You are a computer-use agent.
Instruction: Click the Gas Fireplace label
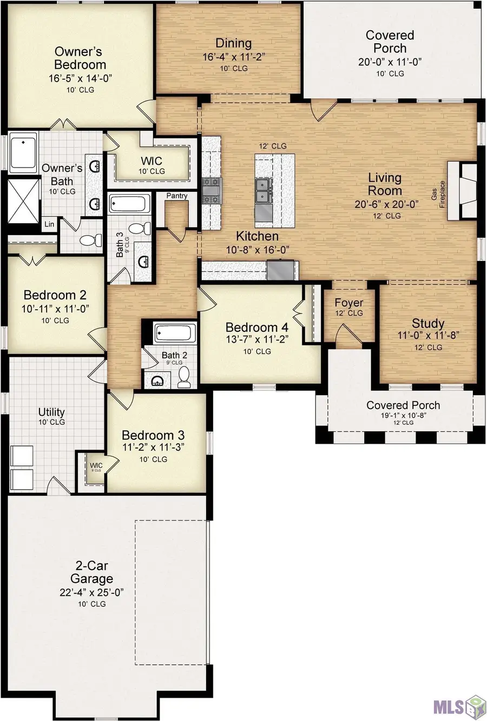click(438, 194)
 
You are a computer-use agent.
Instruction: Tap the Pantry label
click(176, 196)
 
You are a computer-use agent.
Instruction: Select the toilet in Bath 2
click(184, 378)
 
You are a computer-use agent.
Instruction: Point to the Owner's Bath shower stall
click(23, 201)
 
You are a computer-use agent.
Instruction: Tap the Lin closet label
click(49, 224)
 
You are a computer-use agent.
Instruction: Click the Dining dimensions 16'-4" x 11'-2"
click(234, 57)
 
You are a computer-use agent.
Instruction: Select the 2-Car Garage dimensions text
click(92, 592)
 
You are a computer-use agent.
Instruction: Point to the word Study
click(428, 323)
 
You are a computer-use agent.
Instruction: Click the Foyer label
click(348, 303)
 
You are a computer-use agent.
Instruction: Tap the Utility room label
click(51, 412)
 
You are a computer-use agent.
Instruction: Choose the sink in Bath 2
click(157, 381)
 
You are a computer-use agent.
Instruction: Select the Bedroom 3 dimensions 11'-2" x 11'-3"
click(153, 448)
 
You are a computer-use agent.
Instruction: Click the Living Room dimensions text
click(387, 204)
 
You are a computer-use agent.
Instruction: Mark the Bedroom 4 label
click(257, 328)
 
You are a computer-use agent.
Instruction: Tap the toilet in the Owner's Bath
click(90, 240)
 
